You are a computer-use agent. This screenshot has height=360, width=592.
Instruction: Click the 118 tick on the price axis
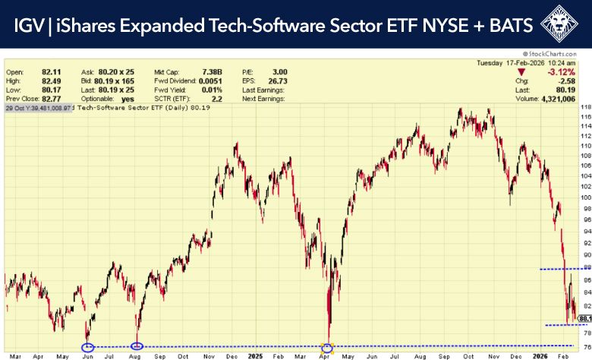tap(585, 108)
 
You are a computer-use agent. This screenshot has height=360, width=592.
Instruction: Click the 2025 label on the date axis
tap(255, 355)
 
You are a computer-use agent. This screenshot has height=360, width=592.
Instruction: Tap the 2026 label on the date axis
tap(540, 355)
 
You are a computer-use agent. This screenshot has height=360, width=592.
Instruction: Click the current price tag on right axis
tap(584, 318)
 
